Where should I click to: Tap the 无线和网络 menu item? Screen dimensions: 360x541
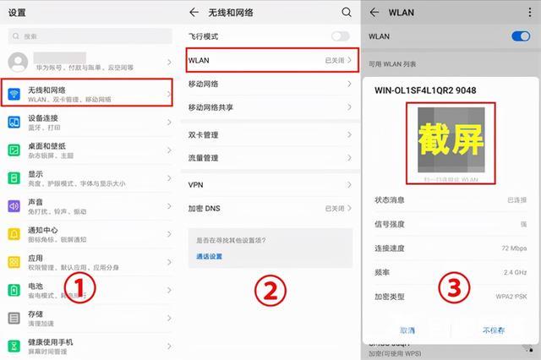point(89,93)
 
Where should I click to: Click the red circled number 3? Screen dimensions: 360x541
point(454,288)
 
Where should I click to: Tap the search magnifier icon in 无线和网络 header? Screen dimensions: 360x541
point(346,13)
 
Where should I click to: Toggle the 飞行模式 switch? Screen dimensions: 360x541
point(340,36)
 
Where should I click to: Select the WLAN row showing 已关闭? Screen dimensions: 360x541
point(269,61)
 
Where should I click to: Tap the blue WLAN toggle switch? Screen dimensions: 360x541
point(520,36)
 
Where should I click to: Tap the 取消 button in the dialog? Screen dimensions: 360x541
point(407,330)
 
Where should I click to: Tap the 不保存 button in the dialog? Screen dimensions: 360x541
point(494,330)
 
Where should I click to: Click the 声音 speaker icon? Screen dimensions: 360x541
point(14,206)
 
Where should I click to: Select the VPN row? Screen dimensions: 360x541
point(269,184)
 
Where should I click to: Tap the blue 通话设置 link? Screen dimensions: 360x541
point(209,256)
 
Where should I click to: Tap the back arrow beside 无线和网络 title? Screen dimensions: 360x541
point(194,13)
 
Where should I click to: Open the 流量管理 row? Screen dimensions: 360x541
point(269,158)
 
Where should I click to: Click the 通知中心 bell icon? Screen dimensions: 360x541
point(14,233)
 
